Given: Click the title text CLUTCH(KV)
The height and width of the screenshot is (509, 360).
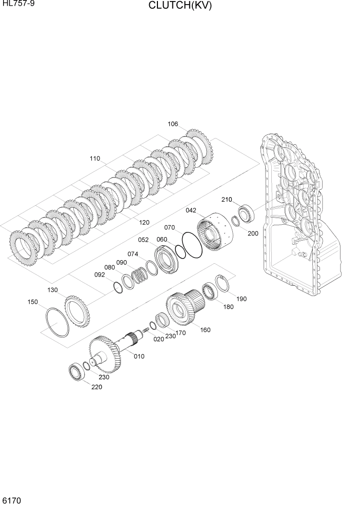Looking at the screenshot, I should (179, 6).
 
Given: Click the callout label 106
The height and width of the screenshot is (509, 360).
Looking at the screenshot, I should (173, 124).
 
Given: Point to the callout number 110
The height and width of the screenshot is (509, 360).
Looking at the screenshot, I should (95, 159).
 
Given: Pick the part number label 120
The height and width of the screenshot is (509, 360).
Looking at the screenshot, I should (144, 222).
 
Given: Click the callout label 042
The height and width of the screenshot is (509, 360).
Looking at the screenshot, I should (191, 210).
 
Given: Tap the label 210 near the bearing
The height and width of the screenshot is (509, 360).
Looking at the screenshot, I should (227, 200).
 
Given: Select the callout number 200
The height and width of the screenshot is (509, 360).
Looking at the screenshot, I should (253, 233).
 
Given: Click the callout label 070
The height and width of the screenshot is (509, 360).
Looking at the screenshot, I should (169, 227).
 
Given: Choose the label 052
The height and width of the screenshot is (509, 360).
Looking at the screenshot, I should (143, 240).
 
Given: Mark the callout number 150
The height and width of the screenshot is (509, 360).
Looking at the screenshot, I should (33, 302).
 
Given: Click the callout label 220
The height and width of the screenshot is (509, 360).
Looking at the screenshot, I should (96, 387).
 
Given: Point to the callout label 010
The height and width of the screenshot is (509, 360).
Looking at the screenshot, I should (139, 356).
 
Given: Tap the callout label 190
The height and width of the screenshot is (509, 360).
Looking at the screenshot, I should (241, 298).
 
